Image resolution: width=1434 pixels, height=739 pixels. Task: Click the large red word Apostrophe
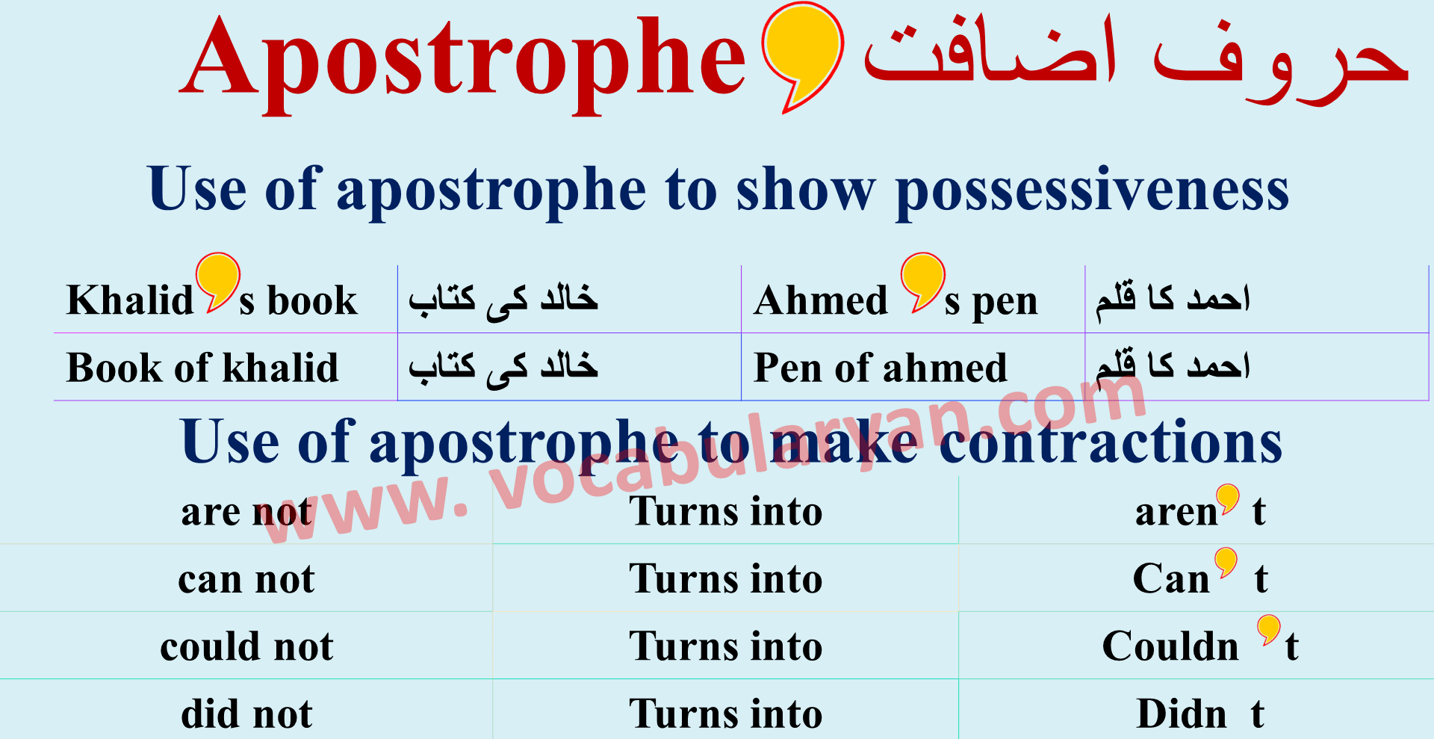[463, 64]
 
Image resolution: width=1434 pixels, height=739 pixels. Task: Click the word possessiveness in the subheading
[1092, 191]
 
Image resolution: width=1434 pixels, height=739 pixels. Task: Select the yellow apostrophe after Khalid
[217, 281]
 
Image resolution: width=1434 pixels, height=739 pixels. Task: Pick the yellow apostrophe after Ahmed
[922, 281]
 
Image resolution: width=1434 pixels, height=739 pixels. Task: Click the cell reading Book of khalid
[202, 368]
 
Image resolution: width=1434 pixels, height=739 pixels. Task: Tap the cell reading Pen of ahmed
[881, 368]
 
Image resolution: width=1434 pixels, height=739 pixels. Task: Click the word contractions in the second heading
[1111, 442]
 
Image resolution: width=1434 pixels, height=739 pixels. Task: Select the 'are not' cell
[246, 512]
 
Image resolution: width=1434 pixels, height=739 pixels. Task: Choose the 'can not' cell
[246, 579]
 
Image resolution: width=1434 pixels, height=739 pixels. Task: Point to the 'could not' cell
[246, 646]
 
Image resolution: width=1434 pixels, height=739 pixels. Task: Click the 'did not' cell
[246, 714]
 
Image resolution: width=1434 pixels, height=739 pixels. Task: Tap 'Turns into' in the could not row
[725, 646]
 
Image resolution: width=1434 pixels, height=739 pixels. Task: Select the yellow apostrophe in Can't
[1226, 562]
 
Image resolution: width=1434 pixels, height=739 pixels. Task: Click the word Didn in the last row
[1182, 714]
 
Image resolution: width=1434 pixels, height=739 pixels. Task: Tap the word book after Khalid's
[312, 300]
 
